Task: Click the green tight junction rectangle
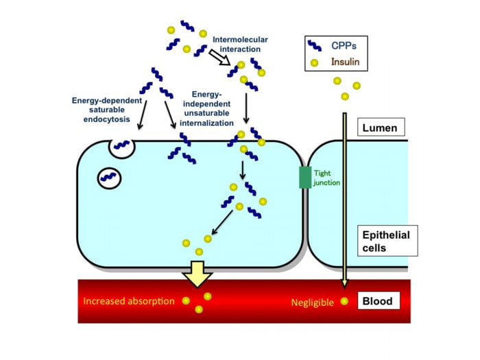[304, 176]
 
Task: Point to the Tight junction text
[326, 177]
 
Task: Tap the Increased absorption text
[128, 301]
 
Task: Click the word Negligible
[313, 301]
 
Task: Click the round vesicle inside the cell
[110, 178]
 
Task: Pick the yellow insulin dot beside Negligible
[344, 301]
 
